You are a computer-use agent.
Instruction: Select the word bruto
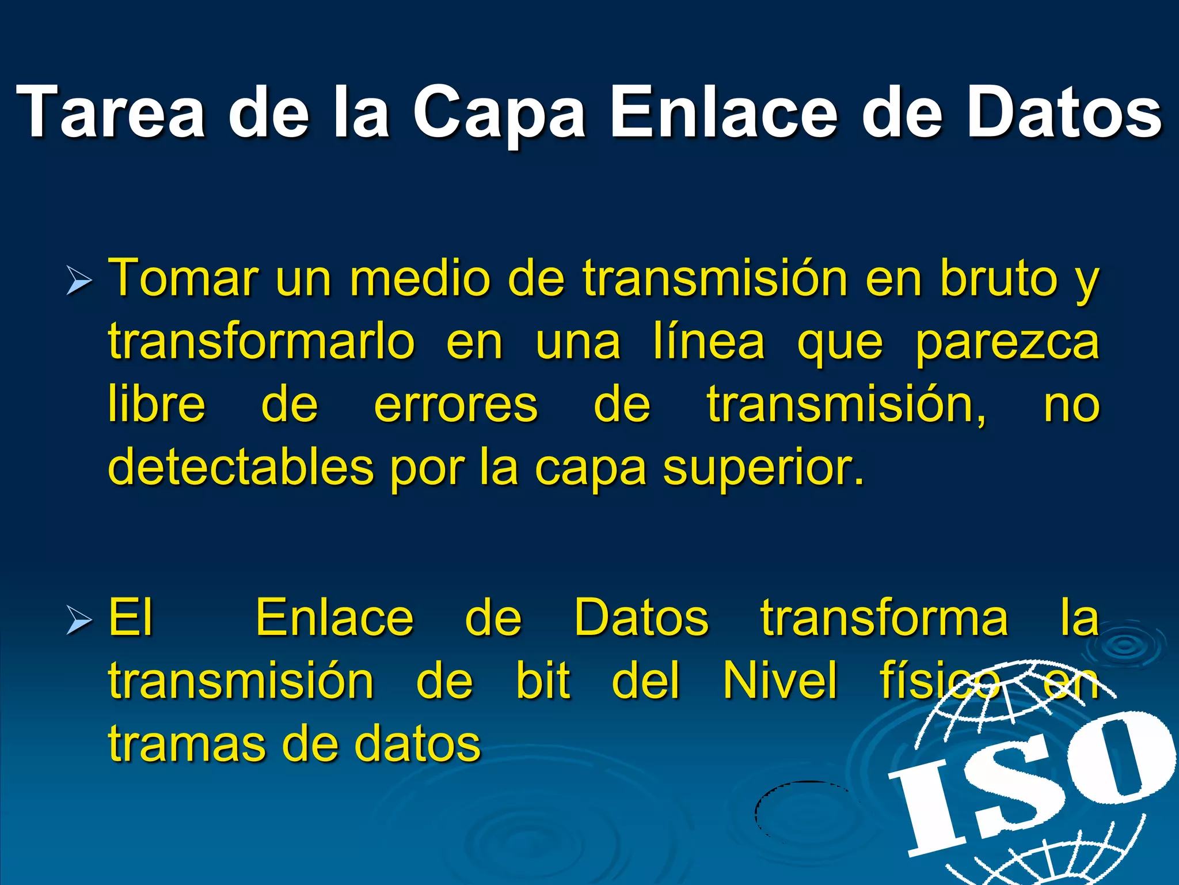click(999, 278)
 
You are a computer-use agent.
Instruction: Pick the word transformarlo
click(261, 341)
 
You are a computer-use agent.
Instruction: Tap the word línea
click(709, 341)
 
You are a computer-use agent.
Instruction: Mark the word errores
click(456, 405)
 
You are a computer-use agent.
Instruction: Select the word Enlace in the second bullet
click(334, 618)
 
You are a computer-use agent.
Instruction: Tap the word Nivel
click(780, 680)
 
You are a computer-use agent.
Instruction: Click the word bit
click(543, 680)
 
